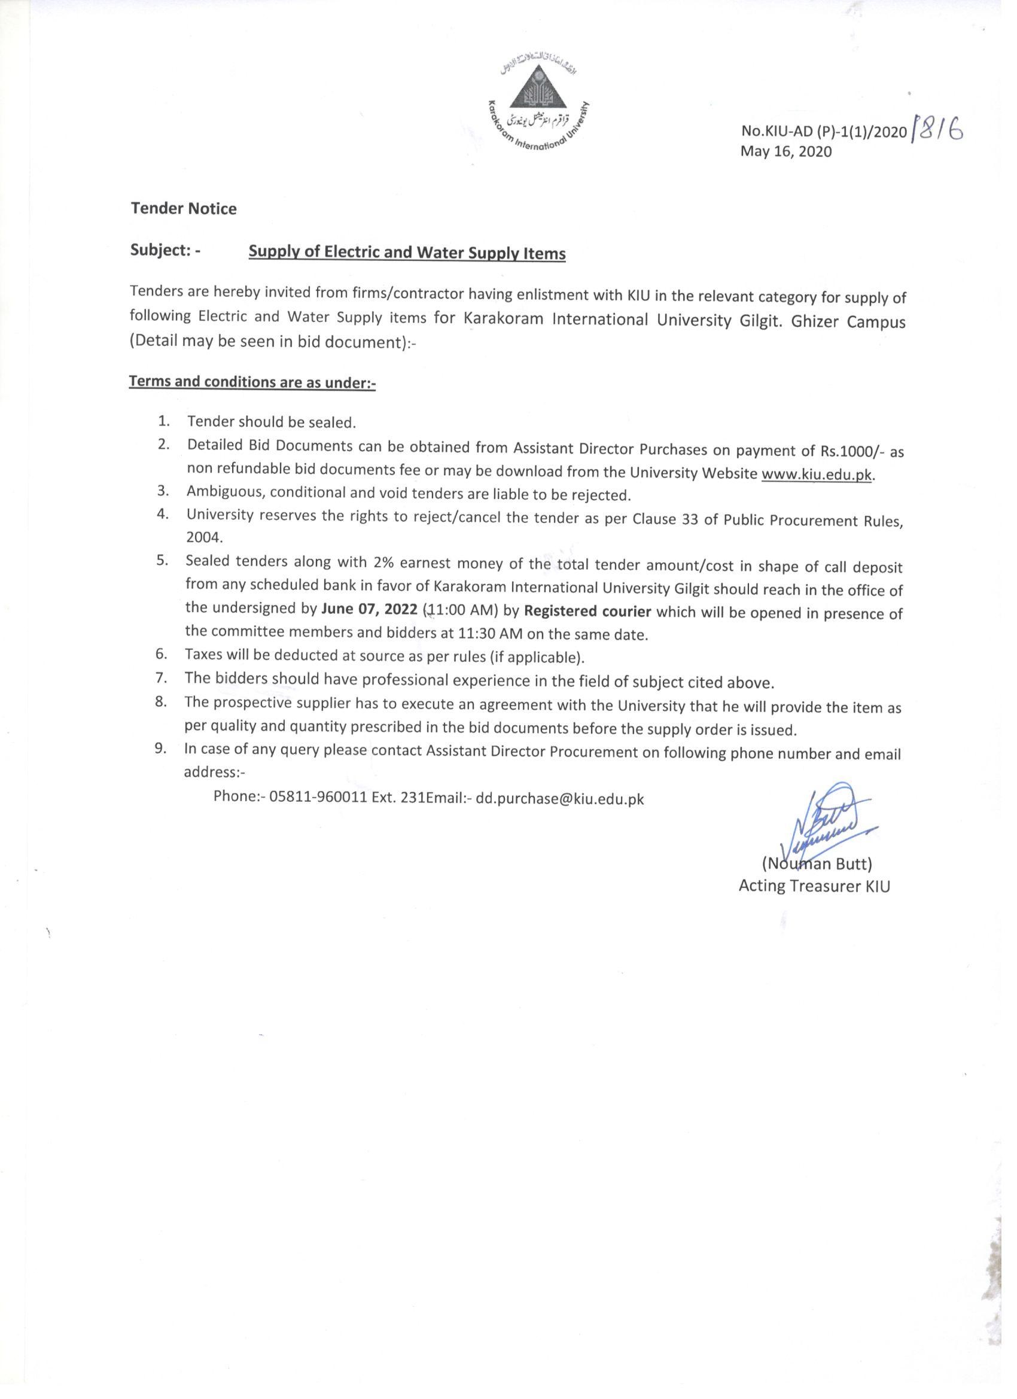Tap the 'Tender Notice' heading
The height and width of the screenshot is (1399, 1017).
183,208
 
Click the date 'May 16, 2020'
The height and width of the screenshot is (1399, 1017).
785,151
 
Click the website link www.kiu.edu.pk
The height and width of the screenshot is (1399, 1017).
818,475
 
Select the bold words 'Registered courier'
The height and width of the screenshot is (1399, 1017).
587,611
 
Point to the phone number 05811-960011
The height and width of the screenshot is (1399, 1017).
318,797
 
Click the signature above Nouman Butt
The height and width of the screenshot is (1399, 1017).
823,817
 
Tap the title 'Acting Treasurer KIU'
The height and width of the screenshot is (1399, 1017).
814,886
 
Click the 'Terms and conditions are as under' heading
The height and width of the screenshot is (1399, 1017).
252,382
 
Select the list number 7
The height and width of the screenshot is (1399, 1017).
162,678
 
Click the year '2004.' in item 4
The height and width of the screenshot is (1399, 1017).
204,537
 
